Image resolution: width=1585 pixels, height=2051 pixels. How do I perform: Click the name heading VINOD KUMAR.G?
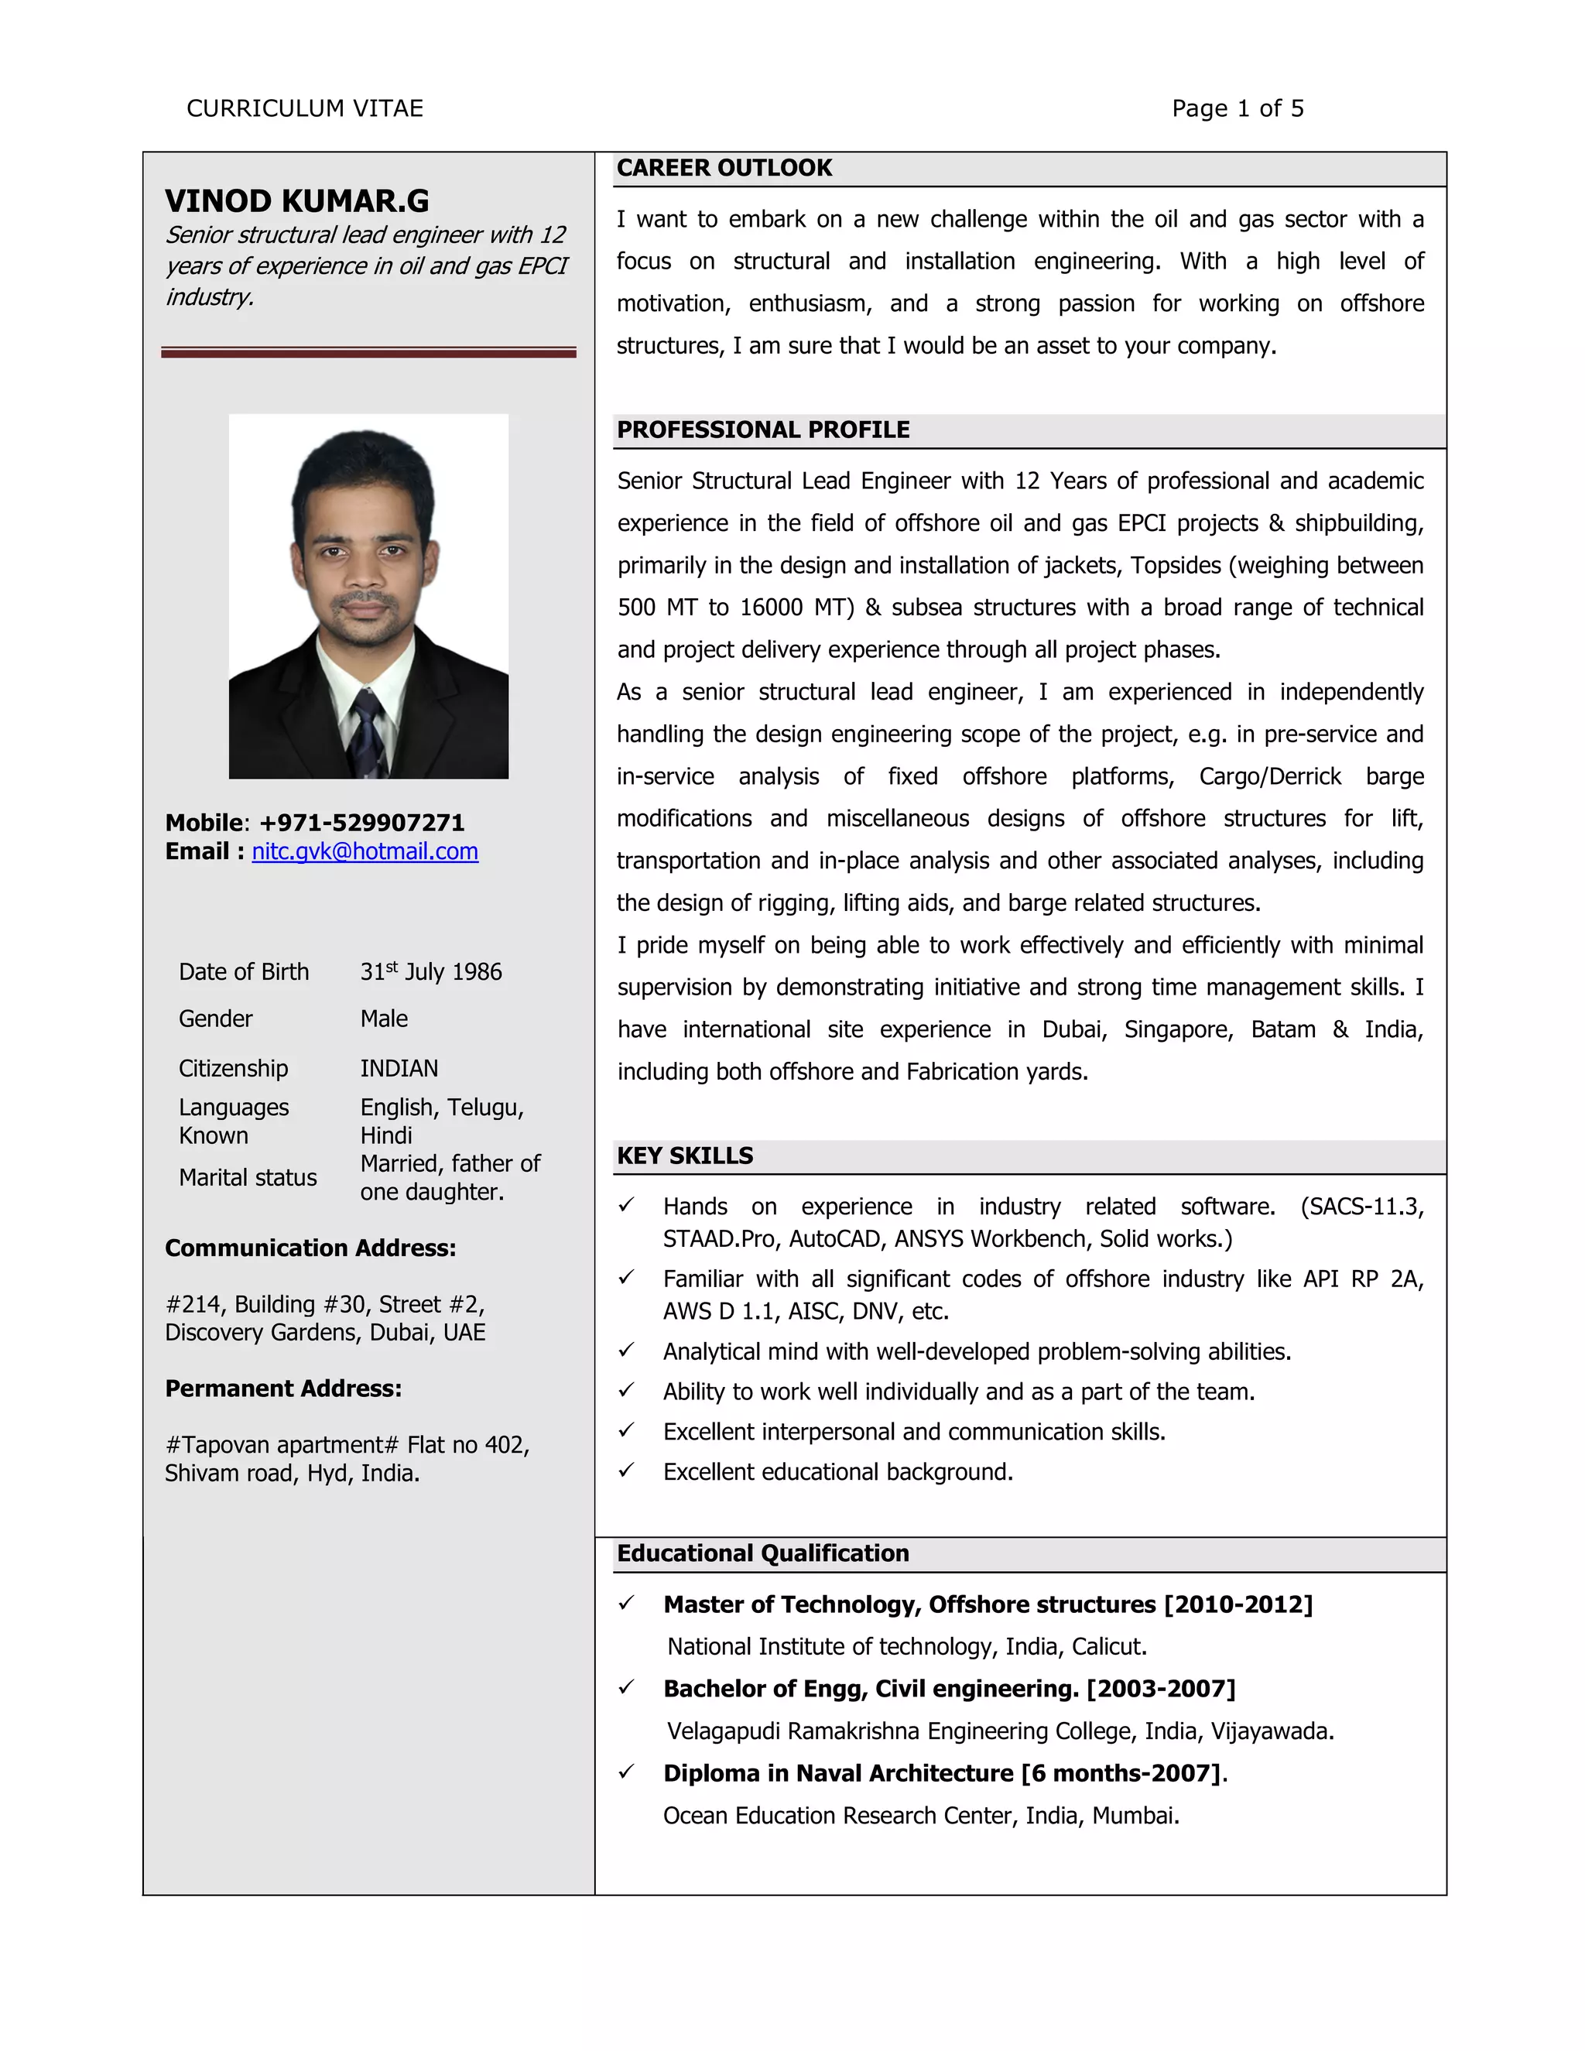(x=296, y=201)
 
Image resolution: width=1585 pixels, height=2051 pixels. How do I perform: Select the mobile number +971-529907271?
(x=361, y=823)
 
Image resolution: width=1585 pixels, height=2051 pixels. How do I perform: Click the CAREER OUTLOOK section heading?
(x=724, y=168)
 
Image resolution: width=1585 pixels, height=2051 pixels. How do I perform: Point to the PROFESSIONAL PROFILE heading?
(x=762, y=430)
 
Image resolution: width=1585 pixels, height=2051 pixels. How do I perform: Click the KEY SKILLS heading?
(x=684, y=1156)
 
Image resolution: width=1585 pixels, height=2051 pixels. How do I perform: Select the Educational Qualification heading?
(x=762, y=1553)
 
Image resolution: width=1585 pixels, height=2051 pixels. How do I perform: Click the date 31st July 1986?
(x=431, y=971)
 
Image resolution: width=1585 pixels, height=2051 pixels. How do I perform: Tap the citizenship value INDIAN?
(x=399, y=1069)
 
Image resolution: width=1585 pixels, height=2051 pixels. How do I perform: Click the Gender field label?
(x=215, y=1019)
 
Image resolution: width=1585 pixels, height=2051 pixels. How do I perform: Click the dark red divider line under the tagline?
(x=368, y=352)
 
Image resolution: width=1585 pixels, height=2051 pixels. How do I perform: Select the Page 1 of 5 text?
(x=1237, y=109)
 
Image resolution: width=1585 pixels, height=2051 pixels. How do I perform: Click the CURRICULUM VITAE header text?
(x=304, y=109)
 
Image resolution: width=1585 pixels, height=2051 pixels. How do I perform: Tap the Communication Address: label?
(x=310, y=1248)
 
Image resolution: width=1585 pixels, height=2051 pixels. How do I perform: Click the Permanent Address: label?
(x=282, y=1389)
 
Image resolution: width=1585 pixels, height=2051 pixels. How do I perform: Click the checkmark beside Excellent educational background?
(x=626, y=1471)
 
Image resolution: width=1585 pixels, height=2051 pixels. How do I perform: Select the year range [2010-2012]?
(x=1238, y=1605)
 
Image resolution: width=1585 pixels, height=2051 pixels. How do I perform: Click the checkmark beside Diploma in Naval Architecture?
(x=626, y=1772)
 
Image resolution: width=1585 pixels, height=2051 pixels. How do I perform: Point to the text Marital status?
(x=248, y=1178)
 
